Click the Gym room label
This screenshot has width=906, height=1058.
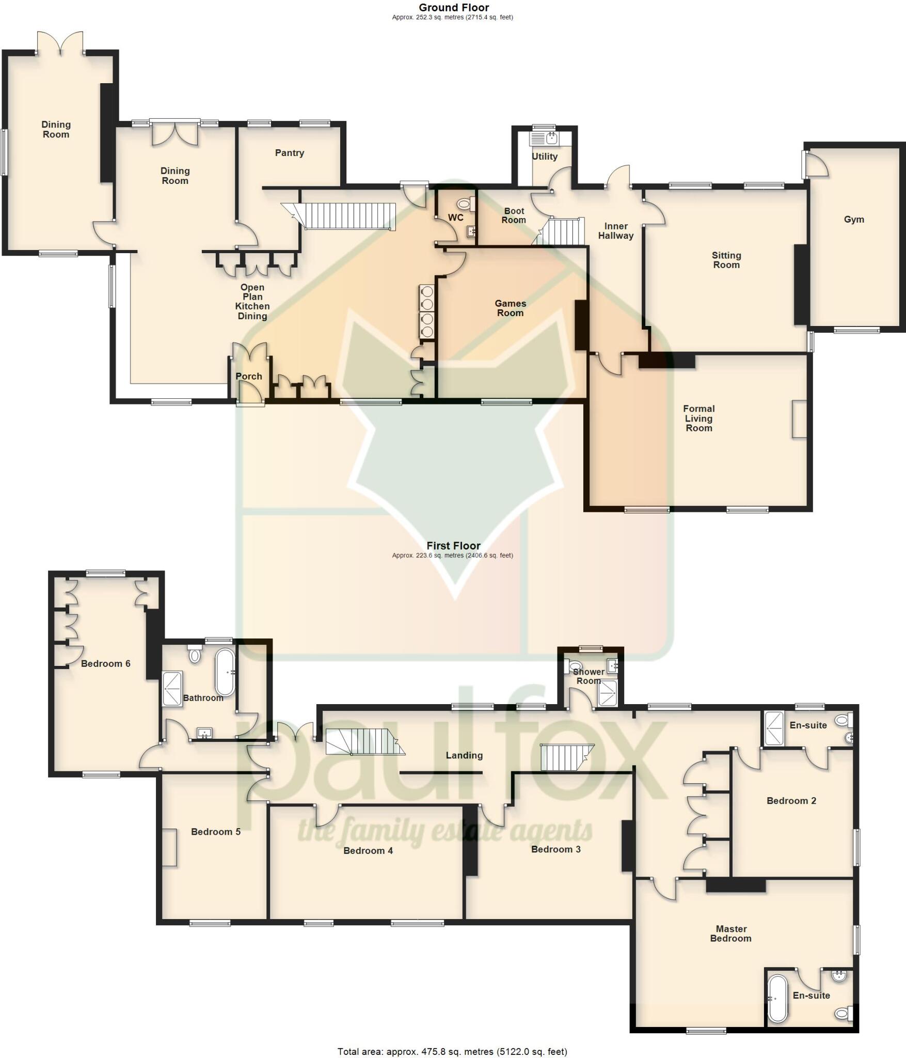coord(854,220)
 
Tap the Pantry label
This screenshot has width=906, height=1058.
coord(289,153)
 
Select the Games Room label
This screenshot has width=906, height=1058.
coord(510,308)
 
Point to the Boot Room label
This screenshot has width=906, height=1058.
coord(514,215)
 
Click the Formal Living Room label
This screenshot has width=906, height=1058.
coord(698,418)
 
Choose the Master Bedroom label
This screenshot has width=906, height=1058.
coord(730,933)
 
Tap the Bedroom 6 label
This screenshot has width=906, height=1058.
coord(105,664)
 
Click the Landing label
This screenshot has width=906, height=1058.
coord(464,755)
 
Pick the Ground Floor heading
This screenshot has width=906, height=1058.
coord(453,8)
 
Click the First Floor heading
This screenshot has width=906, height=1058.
coord(453,546)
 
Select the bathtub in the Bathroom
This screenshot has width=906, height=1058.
coord(225,672)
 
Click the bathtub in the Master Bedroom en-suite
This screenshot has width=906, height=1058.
coord(777,999)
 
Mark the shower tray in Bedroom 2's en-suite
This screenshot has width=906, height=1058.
coord(774,728)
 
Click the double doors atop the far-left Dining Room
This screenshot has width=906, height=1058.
coord(60,44)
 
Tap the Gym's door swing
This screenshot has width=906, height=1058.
coord(817,165)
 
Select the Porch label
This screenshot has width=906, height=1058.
coord(249,377)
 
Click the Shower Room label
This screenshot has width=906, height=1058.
coord(589,676)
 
